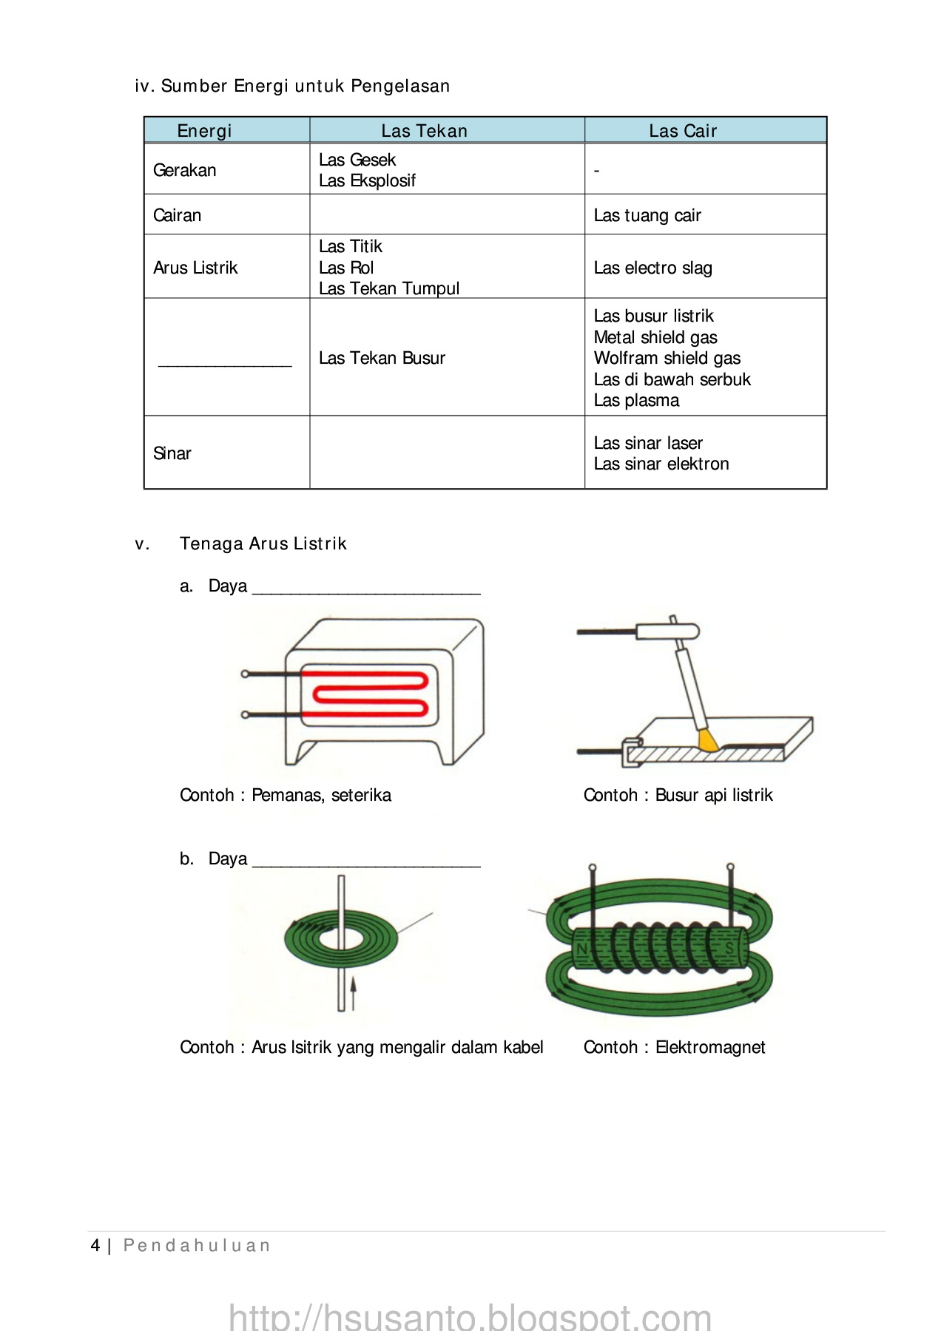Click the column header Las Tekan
click(424, 131)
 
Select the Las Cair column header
click(682, 131)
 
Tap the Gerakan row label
click(184, 170)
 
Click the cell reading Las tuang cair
click(647, 215)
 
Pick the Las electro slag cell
click(652, 268)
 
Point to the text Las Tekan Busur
click(382, 358)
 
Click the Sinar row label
click(172, 453)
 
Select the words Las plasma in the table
click(636, 400)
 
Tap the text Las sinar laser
click(648, 443)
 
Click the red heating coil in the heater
click(370, 695)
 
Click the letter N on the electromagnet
click(582, 949)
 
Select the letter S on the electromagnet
click(729, 949)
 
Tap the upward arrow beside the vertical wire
click(354, 991)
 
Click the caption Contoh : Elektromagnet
click(674, 1047)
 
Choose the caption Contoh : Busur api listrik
click(678, 795)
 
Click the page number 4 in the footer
click(95, 1246)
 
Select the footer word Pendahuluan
click(197, 1246)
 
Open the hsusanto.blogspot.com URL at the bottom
click(470, 1317)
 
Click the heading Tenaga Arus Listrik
click(263, 543)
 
